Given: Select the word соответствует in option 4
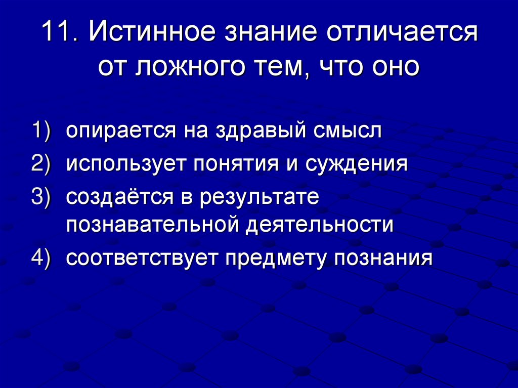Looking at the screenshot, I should pos(141,258).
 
